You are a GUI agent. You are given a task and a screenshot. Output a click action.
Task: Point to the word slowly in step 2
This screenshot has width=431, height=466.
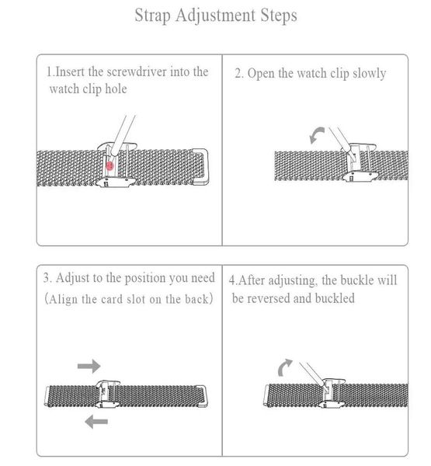coord(364,75)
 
